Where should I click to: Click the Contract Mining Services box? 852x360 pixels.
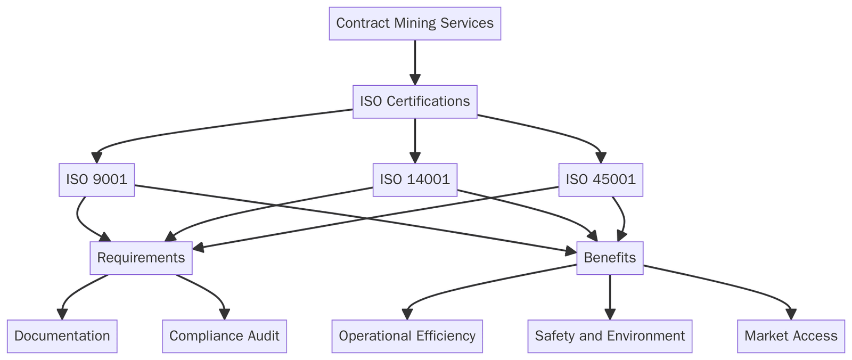[415, 23]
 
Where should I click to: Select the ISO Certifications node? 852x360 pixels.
[415, 101]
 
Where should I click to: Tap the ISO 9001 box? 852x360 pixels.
[96, 179]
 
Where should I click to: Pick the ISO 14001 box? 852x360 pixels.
[415, 179]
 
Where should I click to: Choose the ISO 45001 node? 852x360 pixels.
[601, 179]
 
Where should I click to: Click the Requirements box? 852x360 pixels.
[141, 258]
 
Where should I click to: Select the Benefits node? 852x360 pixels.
[610, 258]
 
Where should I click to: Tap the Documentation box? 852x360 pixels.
[62, 336]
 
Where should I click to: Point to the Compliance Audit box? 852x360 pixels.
[224, 336]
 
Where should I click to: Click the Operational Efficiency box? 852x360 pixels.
[407, 336]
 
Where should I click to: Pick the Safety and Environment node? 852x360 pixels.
[610, 336]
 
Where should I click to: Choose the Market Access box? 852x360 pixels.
[791, 336]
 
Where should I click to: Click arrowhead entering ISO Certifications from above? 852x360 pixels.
[415, 80]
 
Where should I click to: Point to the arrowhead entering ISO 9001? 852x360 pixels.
[96, 158]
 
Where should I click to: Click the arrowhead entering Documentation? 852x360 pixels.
[62, 315]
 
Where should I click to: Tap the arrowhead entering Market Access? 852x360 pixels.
[791, 315]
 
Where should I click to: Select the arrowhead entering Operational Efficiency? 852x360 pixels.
[407, 315]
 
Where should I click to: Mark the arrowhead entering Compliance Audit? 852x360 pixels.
[224, 315]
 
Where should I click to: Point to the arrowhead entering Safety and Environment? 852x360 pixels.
[610, 315]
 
